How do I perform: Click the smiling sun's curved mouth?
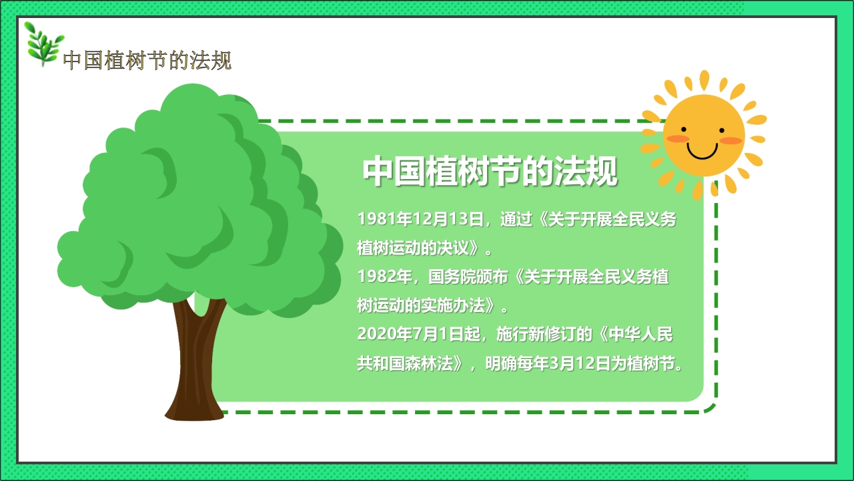tap(702, 153)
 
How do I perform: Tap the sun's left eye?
tap(684, 129)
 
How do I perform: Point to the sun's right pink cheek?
tap(732, 140)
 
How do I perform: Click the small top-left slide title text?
tap(147, 61)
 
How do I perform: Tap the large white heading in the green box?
tap(490, 172)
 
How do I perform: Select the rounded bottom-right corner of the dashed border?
tap(711, 407)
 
